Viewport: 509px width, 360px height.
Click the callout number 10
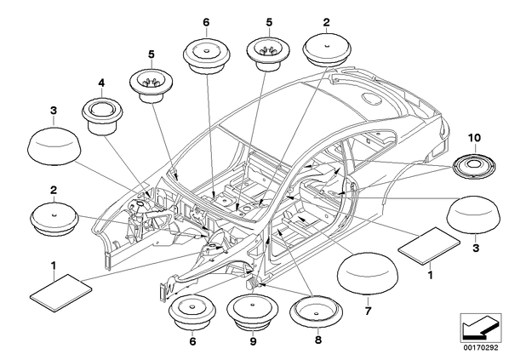click(474, 138)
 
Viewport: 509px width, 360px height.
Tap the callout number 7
click(368, 311)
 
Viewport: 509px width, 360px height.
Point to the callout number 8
click(318, 340)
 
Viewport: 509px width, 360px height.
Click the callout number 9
click(253, 341)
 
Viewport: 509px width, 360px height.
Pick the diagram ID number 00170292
click(481, 348)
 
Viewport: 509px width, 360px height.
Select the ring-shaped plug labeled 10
click(474, 167)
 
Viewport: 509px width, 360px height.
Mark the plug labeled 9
click(252, 312)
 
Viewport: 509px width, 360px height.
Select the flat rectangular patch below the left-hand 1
click(60, 293)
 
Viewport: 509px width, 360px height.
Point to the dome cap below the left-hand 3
click(54, 144)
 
